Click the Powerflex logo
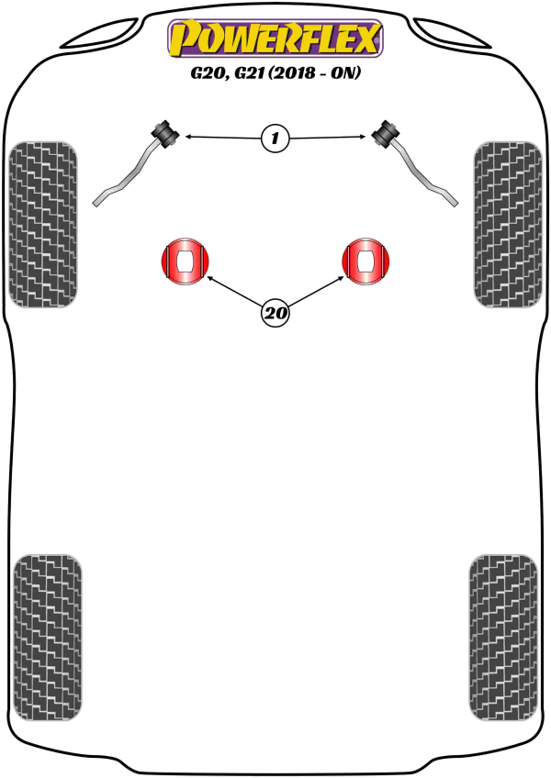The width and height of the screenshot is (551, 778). coord(275,39)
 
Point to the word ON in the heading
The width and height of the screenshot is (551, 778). coord(343,73)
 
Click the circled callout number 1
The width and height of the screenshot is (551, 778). coord(275,138)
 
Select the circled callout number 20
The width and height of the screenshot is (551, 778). coord(275,313)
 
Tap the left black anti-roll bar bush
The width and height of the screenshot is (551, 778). coord(165,133)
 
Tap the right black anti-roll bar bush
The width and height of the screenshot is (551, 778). coord(386,133)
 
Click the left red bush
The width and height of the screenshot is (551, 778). coord(186,261)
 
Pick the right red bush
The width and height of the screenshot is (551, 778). coord(365,261)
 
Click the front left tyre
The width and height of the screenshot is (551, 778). coord(43,224)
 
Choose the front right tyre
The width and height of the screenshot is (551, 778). coord(508,224)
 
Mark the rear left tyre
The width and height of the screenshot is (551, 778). coord(48,638)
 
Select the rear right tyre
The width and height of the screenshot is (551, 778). coord(503,638)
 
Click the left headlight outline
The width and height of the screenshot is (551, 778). coord(102,33)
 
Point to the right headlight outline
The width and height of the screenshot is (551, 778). coord(450,33)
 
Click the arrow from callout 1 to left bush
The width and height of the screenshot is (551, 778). coord(222,137)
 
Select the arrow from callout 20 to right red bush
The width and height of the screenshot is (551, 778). coord(316,291)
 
